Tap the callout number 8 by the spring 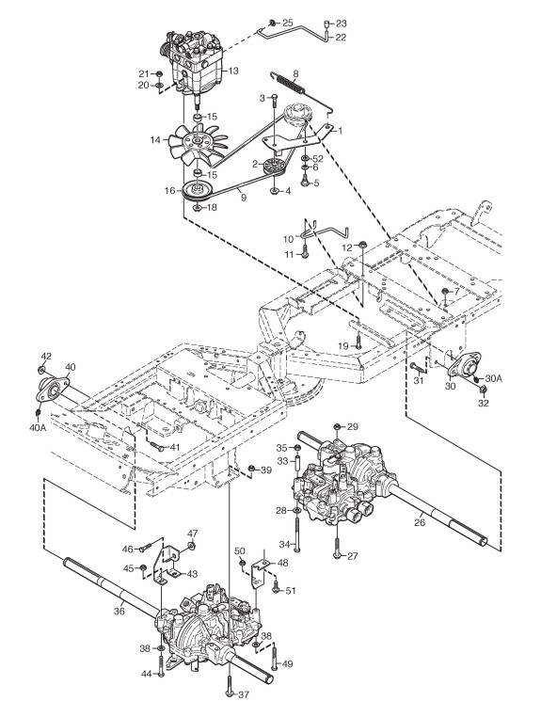coord(295,72)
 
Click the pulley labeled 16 coord(199,191)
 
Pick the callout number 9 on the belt coord(243,198)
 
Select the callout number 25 coord(287,23)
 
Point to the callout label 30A coord(494,378)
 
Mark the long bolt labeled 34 coord(297,532)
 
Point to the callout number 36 coord(119,611)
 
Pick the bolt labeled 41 coord(155,446)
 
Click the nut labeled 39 coord(251,469)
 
